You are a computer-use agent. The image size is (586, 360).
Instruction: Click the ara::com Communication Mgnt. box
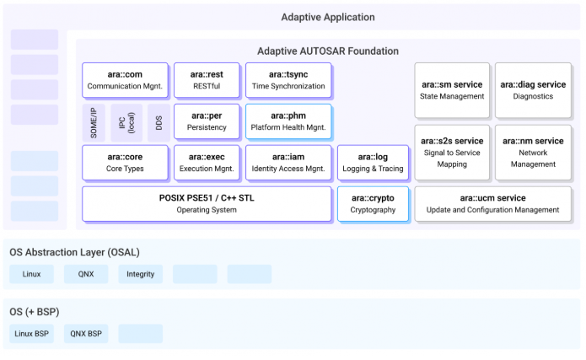tap(125, 80)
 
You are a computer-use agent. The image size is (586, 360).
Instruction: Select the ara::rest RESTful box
tap(207, 80)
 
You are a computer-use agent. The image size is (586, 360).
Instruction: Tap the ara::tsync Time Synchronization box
tap(288, 80)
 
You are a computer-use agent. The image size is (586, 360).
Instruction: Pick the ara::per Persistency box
tap(207, 121)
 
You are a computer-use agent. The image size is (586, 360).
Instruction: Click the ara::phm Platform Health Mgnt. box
tap(288, 121)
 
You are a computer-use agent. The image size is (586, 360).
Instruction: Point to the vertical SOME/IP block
tap(94, 122)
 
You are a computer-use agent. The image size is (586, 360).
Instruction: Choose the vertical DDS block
tap(159, 122)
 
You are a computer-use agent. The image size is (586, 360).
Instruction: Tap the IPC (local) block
tap(126, 122)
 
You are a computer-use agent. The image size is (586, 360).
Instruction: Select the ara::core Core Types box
tap(125, 163)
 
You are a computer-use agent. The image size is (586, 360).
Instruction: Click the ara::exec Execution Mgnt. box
tap(207, 163)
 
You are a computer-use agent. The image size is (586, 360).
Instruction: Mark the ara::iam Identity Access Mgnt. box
tap(288, 163)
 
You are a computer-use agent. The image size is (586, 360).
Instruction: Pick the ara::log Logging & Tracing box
tap(373, 163)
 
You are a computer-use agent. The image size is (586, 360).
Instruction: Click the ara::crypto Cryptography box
tap(373, 204)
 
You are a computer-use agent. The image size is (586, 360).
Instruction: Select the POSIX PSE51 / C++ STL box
tap(207, 204)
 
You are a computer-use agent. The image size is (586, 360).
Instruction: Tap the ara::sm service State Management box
tap(452, 90)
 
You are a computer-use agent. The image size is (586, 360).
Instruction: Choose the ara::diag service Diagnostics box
tap(534, 90)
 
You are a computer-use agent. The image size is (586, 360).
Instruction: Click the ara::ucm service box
tap(493, 204)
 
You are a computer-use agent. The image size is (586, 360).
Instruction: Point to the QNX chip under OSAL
tap(86, 274)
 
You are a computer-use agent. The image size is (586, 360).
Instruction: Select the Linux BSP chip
tap(32, 334)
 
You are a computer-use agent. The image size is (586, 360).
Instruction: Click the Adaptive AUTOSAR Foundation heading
tap(328, 51)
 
